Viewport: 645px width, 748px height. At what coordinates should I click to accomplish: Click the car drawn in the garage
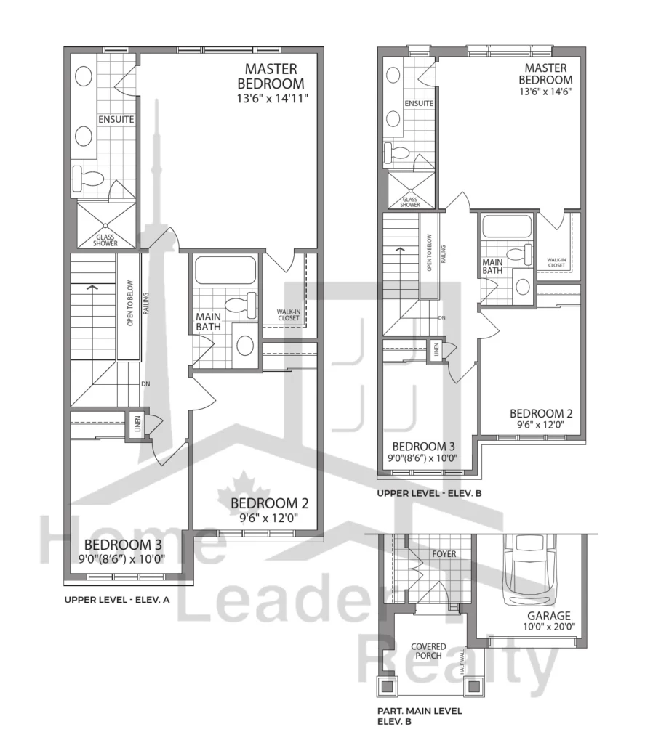[x=529, y=571]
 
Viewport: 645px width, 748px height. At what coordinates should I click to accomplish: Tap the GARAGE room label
[x=548, y=615]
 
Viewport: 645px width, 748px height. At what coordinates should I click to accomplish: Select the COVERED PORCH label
[x=428, y=651]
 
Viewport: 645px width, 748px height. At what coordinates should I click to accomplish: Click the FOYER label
[x=444, y=554]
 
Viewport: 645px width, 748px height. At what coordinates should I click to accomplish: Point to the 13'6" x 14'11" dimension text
[x=273, y=99]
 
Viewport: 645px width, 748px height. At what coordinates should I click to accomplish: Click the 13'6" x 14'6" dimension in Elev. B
[x=545, y=92]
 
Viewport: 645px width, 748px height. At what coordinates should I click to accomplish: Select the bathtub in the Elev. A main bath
[x=225, y=270]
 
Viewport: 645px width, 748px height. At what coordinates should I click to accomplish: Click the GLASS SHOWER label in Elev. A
[x=105, y=240]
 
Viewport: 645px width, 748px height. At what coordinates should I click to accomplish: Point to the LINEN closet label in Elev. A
[x=137, y=423]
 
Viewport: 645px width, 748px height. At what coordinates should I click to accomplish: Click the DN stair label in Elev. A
[x=145, y=383]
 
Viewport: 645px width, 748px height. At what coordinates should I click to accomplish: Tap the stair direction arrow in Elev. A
[x=92, y=288]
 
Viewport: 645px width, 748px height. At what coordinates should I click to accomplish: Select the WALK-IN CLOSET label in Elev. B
[x=556, y=262]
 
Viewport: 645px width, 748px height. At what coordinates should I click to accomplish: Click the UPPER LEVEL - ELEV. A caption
[x=117, y=600]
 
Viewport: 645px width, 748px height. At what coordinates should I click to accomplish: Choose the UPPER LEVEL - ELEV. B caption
[x=430, y=493]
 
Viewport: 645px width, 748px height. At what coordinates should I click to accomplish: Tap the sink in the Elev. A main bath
[x=244, y=345]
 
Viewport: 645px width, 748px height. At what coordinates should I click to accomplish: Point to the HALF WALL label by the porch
[x=462, y=662]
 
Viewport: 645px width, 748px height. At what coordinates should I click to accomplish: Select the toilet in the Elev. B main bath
[x=519, y=253]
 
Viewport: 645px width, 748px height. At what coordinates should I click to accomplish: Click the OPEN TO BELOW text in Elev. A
[x=130, y=304]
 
